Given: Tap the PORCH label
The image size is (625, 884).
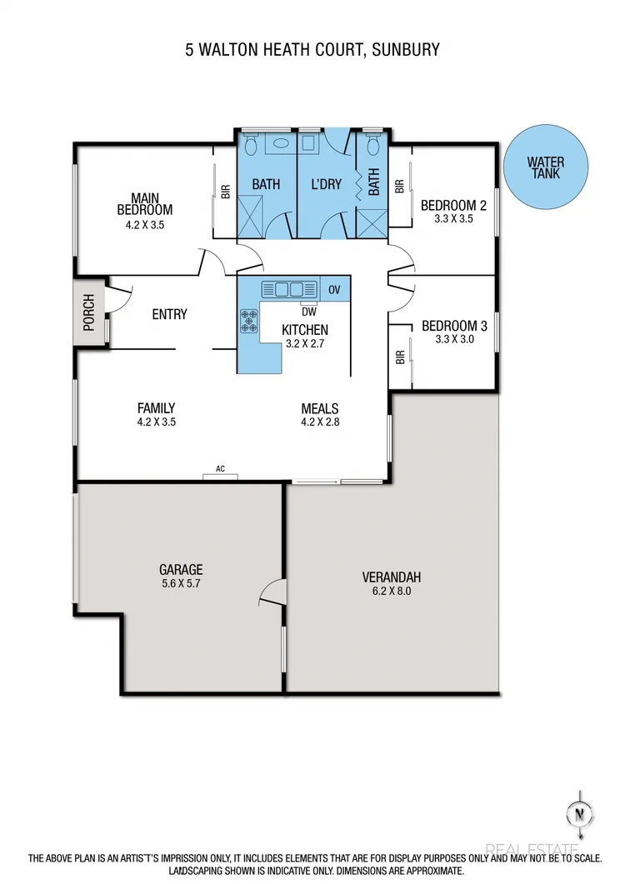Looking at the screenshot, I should coord(89,311).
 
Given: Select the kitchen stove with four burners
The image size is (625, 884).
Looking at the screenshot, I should coord(249,321).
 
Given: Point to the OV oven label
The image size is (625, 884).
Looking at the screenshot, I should coord(335,290).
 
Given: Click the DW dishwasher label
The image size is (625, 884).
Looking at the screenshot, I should coord(310,312).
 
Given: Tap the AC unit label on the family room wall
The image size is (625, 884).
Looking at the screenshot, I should coord(221,469).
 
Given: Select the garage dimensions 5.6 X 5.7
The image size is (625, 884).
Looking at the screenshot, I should coord(180,583).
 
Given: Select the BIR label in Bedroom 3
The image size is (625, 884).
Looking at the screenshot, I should coord(400,357).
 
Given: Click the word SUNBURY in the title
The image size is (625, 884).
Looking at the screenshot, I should coord(407,50).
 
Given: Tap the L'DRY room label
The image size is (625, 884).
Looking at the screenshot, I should coord(326,183).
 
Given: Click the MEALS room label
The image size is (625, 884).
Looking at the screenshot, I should coord(320,408).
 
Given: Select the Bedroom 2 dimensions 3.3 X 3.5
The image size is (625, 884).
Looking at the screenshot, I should coord(453,218).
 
